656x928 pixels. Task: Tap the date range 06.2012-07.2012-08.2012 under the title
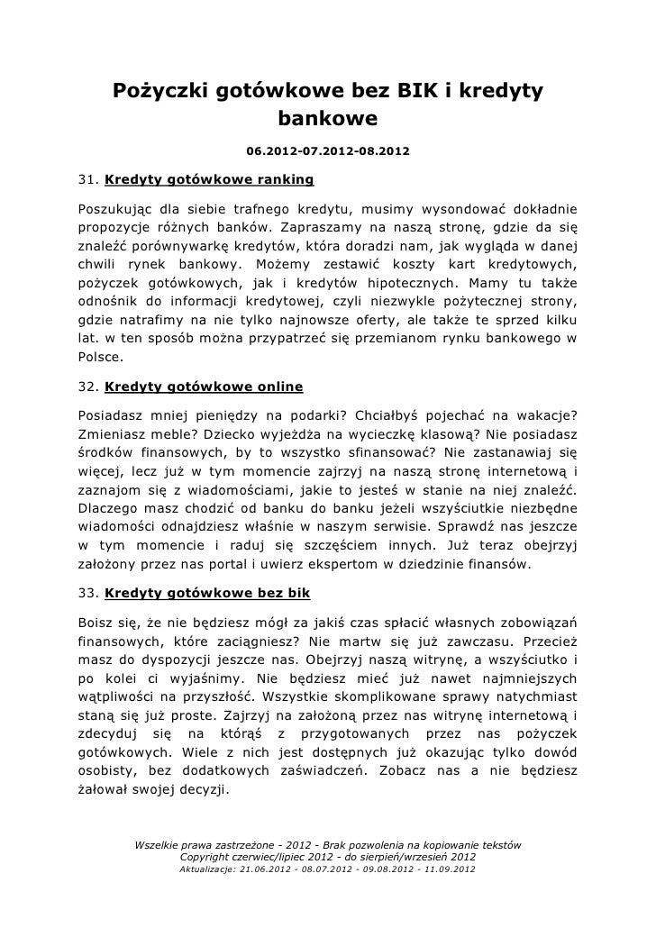click(x=327, y=150)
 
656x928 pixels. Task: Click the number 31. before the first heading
click(x=88, y=177)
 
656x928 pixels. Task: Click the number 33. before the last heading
click(x=88, y=593)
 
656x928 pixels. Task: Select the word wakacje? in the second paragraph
click(x=544, y=415)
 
